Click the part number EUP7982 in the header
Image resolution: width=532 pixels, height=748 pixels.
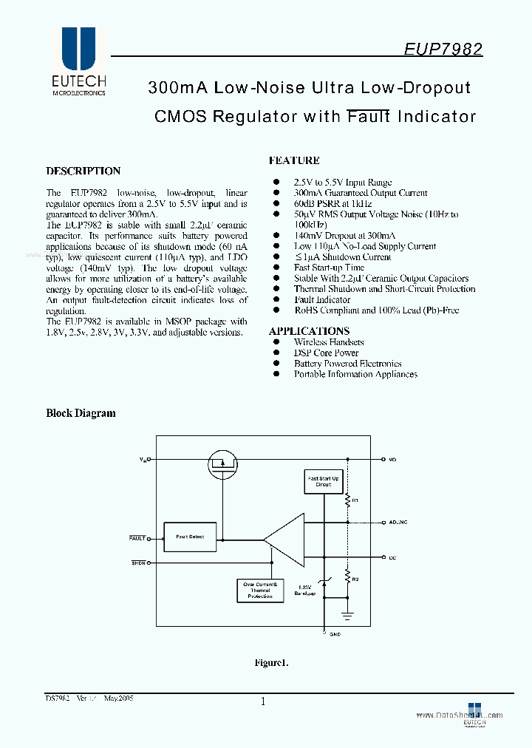(443, 50)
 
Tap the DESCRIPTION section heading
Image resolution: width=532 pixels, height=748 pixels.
(83, 171)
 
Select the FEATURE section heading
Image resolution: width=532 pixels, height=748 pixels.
(294, 160)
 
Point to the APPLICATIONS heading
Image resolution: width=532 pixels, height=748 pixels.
(309, 331)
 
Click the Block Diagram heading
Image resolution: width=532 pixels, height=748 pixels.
(81, 413)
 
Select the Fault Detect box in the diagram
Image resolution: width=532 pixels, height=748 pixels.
(190, 536)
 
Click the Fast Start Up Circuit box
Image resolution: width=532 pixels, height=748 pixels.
(323, 482)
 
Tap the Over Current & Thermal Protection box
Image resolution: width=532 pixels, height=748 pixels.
(260, 589)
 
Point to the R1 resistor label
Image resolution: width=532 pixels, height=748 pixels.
(355, 500)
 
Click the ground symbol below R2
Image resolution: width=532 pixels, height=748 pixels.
(347, 615)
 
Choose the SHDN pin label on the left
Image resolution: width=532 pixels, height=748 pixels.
(138, 563)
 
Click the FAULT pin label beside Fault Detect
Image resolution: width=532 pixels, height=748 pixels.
(137, 538)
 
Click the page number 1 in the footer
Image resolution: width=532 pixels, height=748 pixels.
(263, 702)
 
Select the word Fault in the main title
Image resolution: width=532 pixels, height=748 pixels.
(369, 116)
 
